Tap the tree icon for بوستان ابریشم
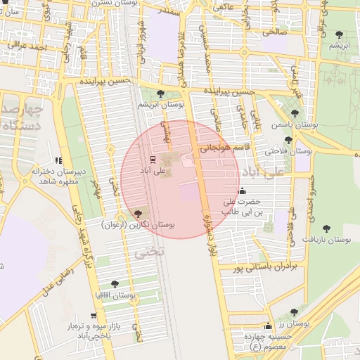pyautogui.click(x=161, y=94)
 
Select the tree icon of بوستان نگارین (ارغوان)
pyautogui.click(x=137, y=214)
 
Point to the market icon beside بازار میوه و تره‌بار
pyautogui.click(x=94, y=316)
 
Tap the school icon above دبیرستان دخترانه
pyautogui.click(x=58, y=160)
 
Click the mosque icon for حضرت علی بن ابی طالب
pyautogui.click(x=243, y=190)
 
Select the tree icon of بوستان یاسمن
pyautogui.click(x=294, y=113)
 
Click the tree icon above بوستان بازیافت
pyautogui.click(x=326, y=228)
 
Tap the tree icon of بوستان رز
pyautogui.click(x=294, y=312)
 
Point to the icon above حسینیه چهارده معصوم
pyautogui.click(x=267, y=326)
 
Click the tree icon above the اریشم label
pyautogui.click(x=340, y=34)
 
